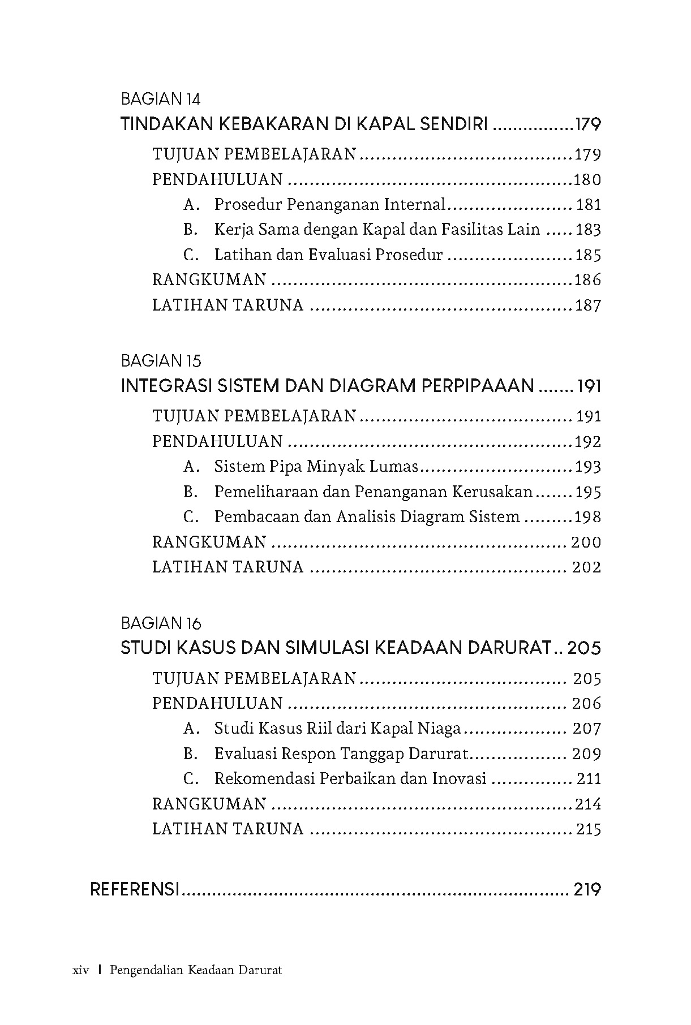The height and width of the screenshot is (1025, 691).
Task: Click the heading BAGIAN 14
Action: [x=161, y=100]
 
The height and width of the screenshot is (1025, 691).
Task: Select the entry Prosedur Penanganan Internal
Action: [x=330, y=205]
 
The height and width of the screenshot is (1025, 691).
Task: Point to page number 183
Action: [x=588, y=230]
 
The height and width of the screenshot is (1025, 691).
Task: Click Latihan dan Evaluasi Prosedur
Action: [x=328, y=255]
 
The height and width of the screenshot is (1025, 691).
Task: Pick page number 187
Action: [x=587, y=305]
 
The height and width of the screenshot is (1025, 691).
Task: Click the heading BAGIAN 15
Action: [x=161, y=361]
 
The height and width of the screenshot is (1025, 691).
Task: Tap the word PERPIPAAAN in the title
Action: [x=478, y=386]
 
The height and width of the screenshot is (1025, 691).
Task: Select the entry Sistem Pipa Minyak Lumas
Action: [x=316, y=467]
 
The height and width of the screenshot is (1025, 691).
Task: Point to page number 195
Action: [x=588, y=492]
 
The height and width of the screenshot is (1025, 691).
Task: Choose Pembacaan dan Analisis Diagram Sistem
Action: [x=367, y=517]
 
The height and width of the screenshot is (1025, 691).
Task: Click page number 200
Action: [x=586, y=542]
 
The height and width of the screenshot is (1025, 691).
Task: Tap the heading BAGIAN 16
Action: [x=161, y=623]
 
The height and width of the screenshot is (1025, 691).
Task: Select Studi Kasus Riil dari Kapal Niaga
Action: [x=337, y=729]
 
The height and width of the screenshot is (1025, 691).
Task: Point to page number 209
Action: [x=586, y=753]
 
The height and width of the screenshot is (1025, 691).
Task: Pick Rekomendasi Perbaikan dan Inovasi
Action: [x=350, y=779]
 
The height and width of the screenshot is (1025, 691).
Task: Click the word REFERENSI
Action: [x=135, y=889]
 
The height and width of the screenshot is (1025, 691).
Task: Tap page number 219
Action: [x=587, y=889]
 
